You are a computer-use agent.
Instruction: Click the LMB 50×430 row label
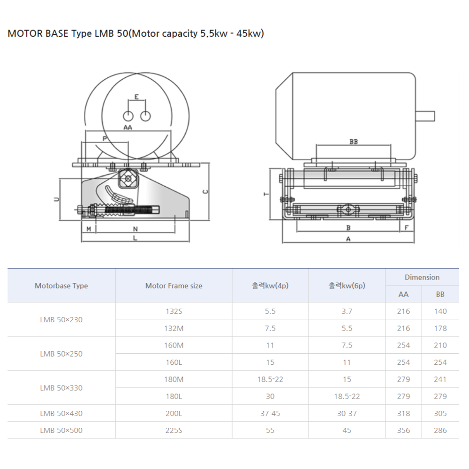(61, 413)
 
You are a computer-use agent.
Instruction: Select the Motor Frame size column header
(174, 286)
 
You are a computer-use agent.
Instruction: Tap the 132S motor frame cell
(174, 311)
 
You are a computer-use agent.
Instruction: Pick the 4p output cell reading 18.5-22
(270, 379)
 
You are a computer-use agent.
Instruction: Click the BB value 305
(440, 413)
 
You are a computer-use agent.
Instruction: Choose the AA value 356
(403, 430)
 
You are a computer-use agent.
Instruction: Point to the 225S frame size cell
(174, 430)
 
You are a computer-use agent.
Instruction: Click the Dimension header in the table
(422, 277)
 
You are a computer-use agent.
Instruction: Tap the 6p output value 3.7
(347, 311)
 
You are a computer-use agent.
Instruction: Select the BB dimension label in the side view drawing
(354, 141)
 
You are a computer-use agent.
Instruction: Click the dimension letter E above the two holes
(136, 97)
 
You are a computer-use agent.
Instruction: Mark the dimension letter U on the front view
(56, 199)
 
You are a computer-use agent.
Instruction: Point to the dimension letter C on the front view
(204, 191)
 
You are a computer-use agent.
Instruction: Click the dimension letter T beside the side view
(266, 194)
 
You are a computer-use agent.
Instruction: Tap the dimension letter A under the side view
(348, 239)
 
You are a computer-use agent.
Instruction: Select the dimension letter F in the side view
(406, 228)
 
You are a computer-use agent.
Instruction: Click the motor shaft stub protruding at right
(425, 116)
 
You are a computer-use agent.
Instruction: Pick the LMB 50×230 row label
(61, 319)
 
